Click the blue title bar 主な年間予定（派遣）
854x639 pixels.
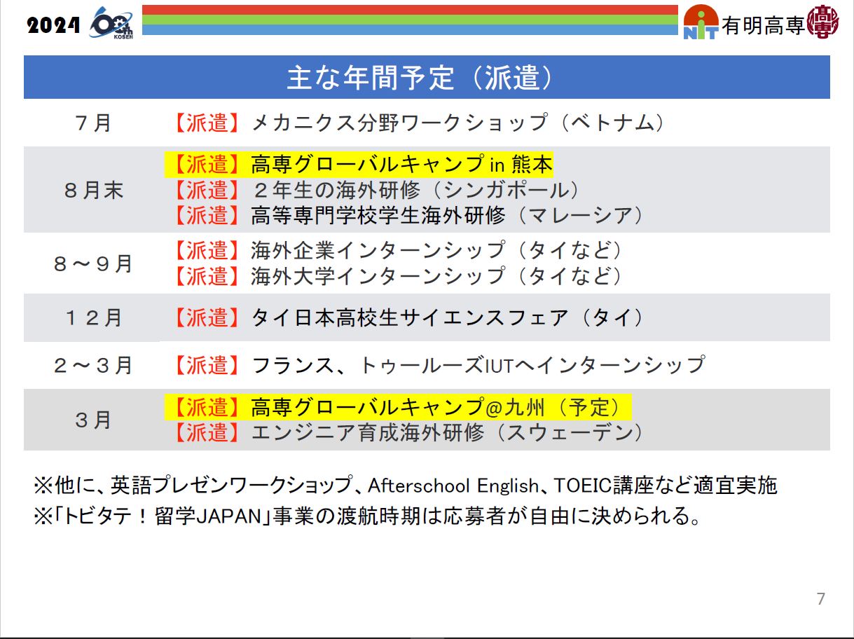427,77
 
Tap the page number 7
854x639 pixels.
821,599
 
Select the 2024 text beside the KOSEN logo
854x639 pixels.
53,26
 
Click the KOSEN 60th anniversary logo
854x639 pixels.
111,22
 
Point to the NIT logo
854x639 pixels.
701,22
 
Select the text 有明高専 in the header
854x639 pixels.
763,26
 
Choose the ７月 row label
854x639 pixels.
93,123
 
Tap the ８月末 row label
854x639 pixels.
93,190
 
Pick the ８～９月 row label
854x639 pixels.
93,263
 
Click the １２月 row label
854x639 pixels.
93,318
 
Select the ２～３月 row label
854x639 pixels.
93,366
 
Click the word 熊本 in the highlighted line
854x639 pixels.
532,164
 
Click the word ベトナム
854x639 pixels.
613,123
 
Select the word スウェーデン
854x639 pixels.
570,432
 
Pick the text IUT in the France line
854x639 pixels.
500,366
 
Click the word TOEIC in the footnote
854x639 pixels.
583,486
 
